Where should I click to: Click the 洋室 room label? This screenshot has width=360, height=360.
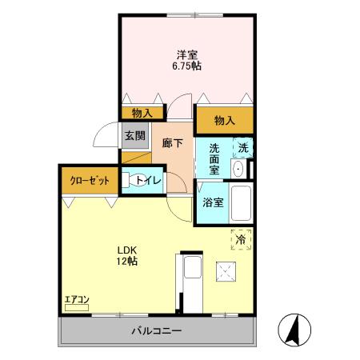coord(187,55)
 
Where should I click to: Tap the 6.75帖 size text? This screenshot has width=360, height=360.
coord(186,66)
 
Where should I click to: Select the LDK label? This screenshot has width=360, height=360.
coord(127,250)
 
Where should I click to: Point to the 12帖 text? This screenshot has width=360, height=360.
coord(127,261)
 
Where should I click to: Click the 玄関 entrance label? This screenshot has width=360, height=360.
coord(135,136)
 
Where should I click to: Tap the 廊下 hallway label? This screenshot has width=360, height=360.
coord(173,143)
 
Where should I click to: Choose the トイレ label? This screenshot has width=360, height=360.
coord(149,181)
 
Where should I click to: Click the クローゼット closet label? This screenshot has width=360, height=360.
coord(90,181)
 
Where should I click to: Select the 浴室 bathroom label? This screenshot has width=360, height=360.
coord(213,202)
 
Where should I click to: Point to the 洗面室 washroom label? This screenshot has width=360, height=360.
coord(214,159)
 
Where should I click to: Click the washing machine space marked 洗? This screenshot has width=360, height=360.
coord(243,148)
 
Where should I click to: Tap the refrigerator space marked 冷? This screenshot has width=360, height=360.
coord(241,239)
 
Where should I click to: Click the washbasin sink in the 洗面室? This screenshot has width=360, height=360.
coord(238,169)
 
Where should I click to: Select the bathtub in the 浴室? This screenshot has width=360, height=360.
coord(241,203)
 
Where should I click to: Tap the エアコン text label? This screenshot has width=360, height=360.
coord(77,299)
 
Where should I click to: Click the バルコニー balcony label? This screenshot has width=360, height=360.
coord(157,331)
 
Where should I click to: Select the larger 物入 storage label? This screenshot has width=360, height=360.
coord(225,121)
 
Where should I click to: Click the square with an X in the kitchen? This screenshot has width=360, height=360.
coord(226,272)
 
